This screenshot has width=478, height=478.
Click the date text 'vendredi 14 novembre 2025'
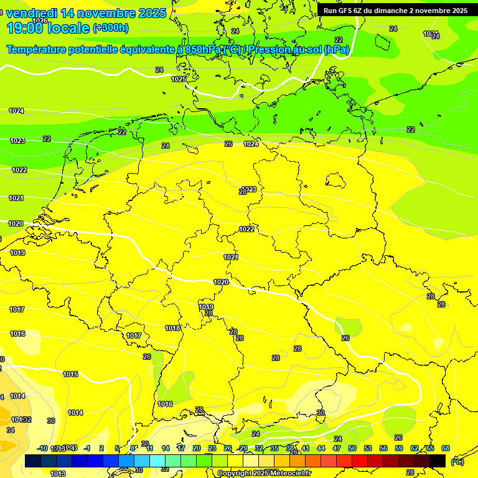coord(86,13)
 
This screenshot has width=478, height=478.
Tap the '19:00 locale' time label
coord(49,27)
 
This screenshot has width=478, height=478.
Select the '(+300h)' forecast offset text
coord(111,28)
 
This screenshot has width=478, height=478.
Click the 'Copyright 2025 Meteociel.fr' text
coord(265,474)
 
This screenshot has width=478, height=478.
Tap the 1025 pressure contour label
coord(179,79)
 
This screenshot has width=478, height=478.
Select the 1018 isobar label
coord(173,328)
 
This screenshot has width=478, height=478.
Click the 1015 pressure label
coord(70,374)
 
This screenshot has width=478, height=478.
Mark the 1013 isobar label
coord(58,474)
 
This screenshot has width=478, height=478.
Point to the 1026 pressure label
coord(40,21)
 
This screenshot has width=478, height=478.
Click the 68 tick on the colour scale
coord(446,448)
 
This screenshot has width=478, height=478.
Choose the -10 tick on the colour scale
coord(43,448)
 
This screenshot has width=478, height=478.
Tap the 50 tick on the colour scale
coord(352,448)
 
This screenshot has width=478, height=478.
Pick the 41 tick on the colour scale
coord(306,448)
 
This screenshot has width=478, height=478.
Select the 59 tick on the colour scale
coord(399,448)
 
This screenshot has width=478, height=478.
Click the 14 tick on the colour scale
coord(166,448)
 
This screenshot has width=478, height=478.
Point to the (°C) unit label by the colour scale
coord(457,462)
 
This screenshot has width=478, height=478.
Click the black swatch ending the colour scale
coord(438,461)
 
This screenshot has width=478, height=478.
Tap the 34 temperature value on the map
coord(11,430)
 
